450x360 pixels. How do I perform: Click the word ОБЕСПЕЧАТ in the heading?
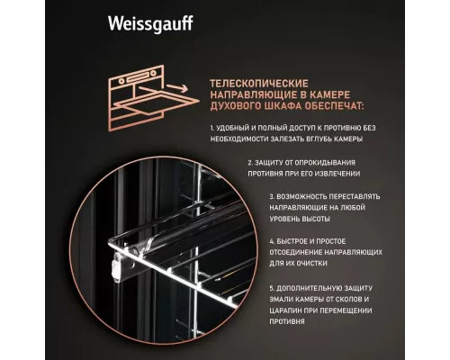click(x=327, y=105)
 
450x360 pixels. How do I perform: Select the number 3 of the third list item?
click(x=271, y=195)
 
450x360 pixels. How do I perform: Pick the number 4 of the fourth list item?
click(x=271, y=242)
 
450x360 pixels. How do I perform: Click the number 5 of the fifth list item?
click(x=271, y=287)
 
